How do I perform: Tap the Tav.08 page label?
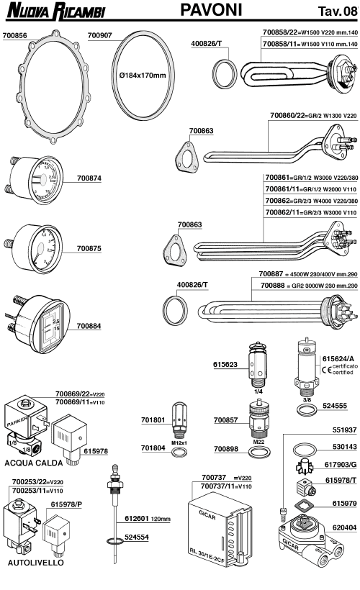tap(336, 11)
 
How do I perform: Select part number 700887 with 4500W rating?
tap(253, 294)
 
